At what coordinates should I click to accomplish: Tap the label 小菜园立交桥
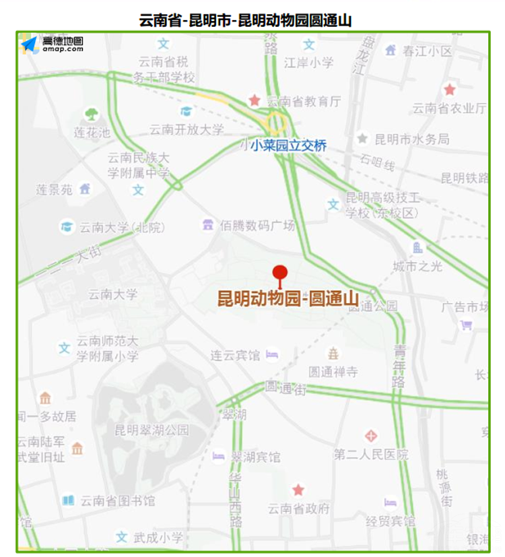288,145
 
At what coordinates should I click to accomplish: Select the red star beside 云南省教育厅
255,100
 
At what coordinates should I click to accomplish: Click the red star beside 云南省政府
298,490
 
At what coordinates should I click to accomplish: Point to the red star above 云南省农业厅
450,89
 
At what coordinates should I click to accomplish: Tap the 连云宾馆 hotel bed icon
272,354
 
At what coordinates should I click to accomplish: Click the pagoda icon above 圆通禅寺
333,354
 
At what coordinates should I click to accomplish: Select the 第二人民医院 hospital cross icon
370,436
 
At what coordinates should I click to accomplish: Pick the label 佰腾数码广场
258,226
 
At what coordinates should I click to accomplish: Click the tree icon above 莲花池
92,114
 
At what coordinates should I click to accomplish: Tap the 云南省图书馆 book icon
68,500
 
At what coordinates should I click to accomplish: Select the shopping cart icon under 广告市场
466,325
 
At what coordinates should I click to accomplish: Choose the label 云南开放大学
187,129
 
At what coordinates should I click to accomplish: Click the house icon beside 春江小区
391,50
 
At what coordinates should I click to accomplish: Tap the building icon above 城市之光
418,247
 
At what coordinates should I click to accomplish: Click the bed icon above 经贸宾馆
391,502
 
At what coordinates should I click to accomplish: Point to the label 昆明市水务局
412,139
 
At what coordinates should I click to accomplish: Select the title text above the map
245,20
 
